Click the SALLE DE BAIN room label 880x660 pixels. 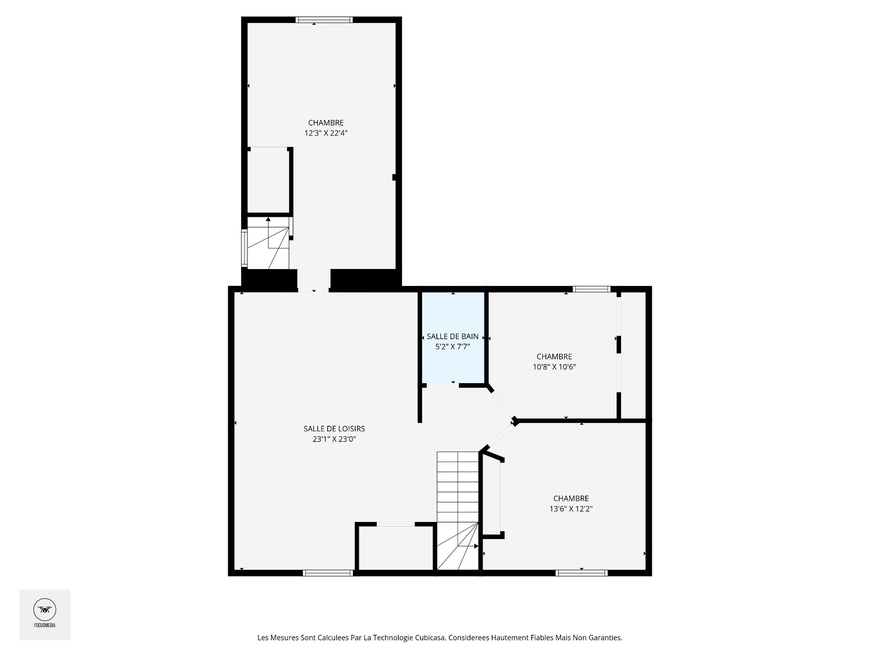[x=452, y=336]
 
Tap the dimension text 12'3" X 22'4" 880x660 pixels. [x=325, y=133]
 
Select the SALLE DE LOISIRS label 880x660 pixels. [x=334, y=429]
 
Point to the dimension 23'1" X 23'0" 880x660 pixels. [x=334, y=439]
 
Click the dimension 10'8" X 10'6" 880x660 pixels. [x=554, y=367]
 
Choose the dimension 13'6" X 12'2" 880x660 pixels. [x=571, y=509]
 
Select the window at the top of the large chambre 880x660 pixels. [x=324, y=20]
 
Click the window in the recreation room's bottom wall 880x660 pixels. [x=328, y=573]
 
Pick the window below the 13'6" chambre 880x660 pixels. [x=581, y=573]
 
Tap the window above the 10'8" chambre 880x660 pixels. [x=591, y=289]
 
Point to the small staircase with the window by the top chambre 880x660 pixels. [x=268, y=243]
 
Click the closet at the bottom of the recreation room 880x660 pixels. [x=396, y=548]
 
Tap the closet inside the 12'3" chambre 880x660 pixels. [x=268, y=181]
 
